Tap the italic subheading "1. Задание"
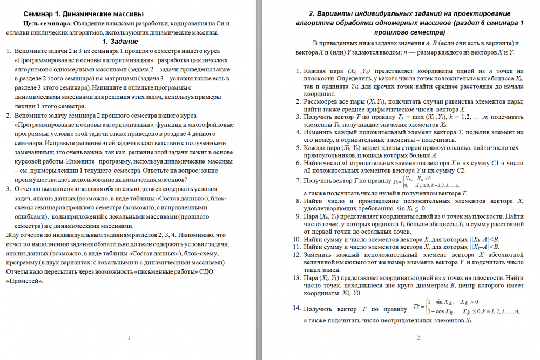pos(120,42)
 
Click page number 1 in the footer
pos(129,338)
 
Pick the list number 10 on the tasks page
pos(295,239)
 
